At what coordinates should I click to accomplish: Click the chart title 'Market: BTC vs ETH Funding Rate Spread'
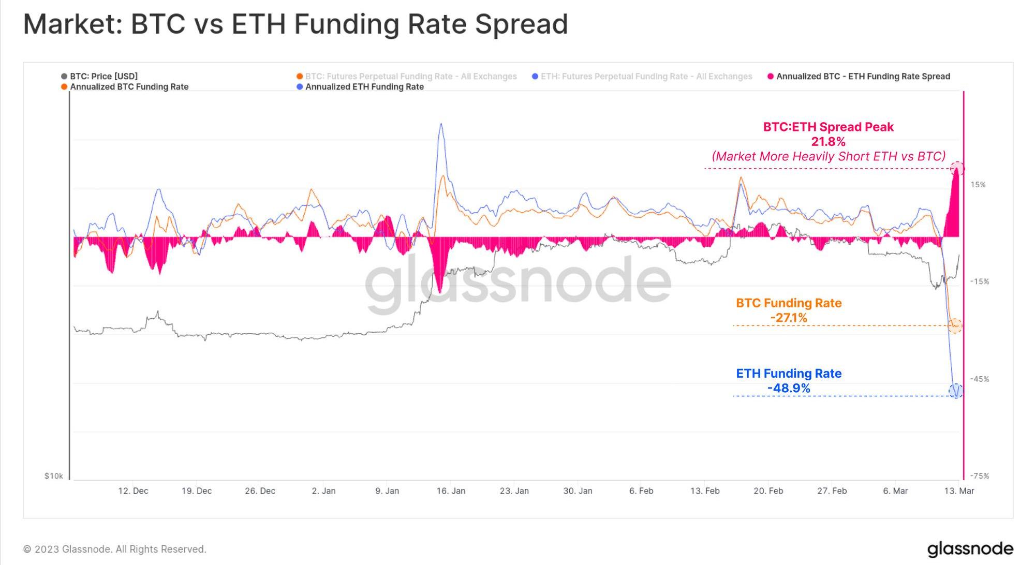[295, 24]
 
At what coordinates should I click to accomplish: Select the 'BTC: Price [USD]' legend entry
[103, 76]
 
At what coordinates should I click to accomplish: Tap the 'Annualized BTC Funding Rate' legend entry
[129, 87]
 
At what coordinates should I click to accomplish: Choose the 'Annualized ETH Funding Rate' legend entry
[364, 87]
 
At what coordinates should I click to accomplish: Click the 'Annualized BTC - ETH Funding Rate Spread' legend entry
[863, 77]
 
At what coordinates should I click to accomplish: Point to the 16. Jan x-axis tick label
[450, 490]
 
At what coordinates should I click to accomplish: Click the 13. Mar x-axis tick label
[958, 490]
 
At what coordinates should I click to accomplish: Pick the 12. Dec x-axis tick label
[133, 490]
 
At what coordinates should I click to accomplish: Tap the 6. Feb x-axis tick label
[641, 490]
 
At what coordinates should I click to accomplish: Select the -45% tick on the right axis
[979, 379]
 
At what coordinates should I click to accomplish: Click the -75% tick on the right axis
[979, 476]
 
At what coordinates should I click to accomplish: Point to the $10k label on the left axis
[53, 476]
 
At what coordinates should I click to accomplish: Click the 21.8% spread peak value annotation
[828, 142]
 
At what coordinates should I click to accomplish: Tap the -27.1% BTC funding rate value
[789, 318]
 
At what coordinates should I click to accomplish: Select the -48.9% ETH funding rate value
[789, 388]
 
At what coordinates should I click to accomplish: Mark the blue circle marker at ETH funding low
[956, 391]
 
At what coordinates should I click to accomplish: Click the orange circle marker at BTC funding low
[955, 326]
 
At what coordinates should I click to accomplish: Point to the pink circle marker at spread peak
[957, 169]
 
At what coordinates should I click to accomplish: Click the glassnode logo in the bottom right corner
[970, 549]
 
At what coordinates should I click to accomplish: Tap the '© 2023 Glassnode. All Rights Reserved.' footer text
[115, 549]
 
